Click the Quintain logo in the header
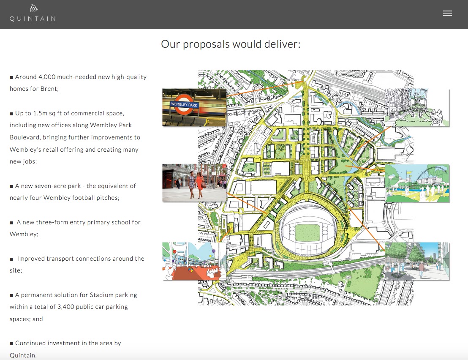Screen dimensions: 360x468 point(33,14)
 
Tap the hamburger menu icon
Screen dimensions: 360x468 point(447,13)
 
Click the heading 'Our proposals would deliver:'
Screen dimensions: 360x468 point(231,44)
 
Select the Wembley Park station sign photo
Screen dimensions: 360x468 point(194,107)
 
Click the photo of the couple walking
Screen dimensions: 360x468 point(194,183)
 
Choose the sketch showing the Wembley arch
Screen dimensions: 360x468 point(417,183)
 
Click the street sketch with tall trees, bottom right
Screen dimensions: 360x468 point(417,261)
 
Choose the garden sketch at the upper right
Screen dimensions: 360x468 point(417,107)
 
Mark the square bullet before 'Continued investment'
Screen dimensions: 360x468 point(12,344)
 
